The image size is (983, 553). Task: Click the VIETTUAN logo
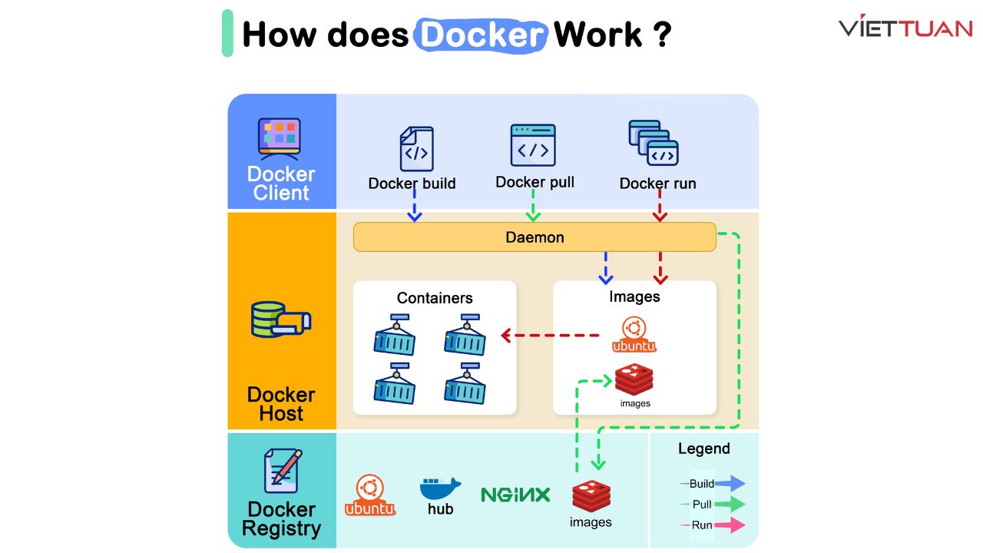pos(905,28)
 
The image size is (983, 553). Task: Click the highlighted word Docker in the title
pos(481,35)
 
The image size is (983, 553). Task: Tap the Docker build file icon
pos(416,149)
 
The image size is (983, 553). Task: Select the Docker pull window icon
pos(533,145)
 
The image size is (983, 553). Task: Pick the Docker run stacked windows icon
pos(654,143)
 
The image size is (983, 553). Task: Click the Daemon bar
pos(535,237)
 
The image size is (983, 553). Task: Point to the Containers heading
pos(435,298)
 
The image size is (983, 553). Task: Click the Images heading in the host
pos(634,296)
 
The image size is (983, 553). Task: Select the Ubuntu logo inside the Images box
pos(634,335)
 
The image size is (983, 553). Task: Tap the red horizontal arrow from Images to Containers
pos(549,336)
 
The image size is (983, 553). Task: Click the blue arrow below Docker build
pos(415,206)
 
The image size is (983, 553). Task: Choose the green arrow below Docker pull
pos(533,206)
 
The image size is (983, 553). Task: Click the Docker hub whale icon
pos(440,489)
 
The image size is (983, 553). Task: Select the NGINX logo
pos(515,495)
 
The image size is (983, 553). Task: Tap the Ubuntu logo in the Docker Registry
pos(370,495)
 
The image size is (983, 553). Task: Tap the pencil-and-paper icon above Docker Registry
pos(282,470)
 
